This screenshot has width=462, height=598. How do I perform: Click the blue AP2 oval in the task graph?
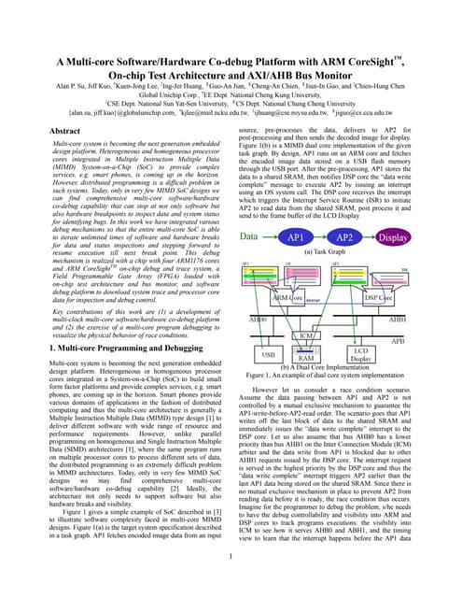pos(346,237)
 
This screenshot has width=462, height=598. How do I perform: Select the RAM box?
pos(330,357)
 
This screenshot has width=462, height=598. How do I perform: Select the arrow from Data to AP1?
pos(270,237)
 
